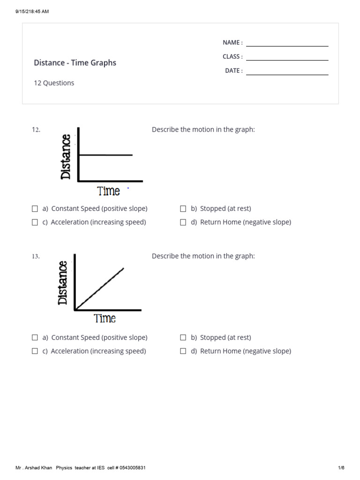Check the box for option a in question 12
[x=35, y=209]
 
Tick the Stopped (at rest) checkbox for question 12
[x=183, y=209]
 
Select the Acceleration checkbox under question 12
[x=35, y=223]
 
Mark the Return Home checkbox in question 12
[x=183, y=223]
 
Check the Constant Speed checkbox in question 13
[x=35, y=337]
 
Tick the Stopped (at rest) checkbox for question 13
[x=183, y=337]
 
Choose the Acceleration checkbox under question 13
[x=35, y=351]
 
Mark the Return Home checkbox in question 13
[x=183, y=351]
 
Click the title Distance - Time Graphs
[x=75, y=63]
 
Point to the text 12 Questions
[x=54, y=83]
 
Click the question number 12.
[x=36, y=130]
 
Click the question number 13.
[x=36, y=256]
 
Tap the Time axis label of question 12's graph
[x=109, y=191]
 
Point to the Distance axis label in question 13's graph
[x=63, y=283]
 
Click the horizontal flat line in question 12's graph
[x=105, y=155]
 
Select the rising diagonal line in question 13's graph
[x=100, y=289]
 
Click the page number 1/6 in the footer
[x=341, y=468]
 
